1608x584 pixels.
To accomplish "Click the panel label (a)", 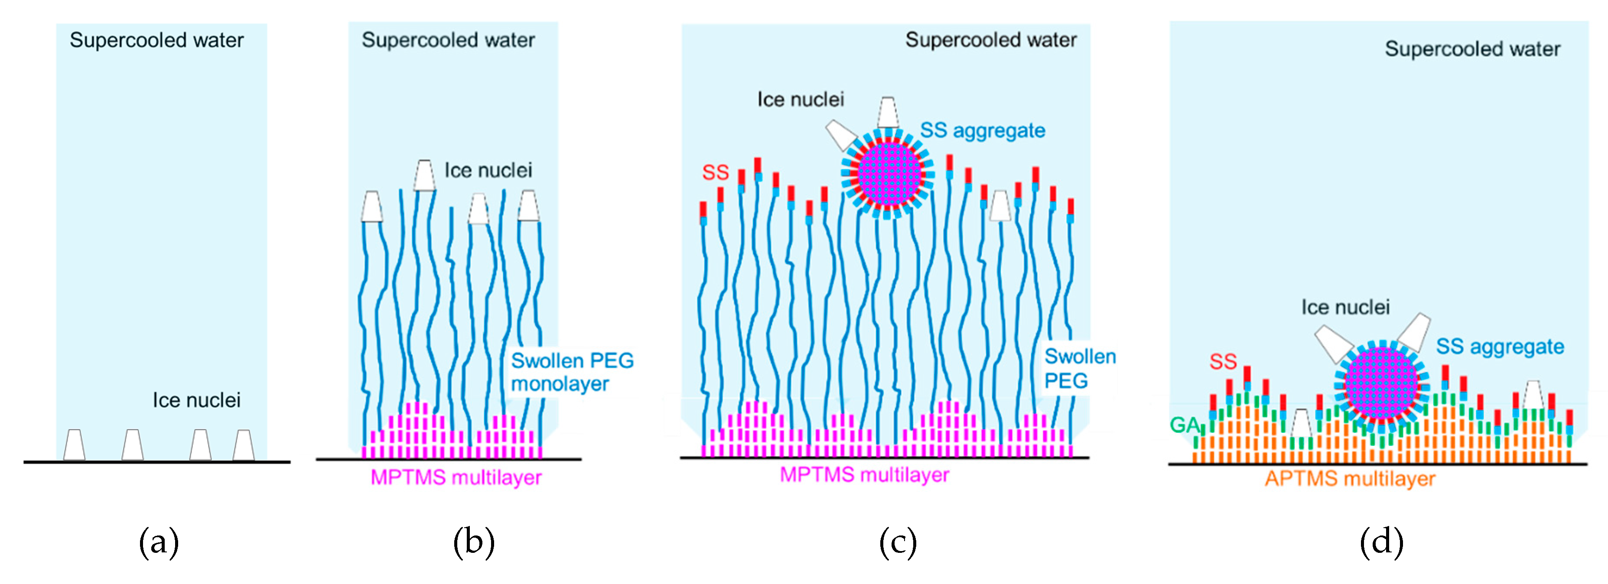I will [x=159, y=542].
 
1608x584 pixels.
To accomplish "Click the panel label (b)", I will [x=474, y=542].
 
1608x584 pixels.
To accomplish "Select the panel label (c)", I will [x=898, y=542].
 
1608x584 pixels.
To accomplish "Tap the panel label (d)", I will [x=1381, y=542].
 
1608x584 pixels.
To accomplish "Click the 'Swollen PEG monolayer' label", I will [x=571, y=372].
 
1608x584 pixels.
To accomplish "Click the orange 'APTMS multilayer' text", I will [x=1350, y=479].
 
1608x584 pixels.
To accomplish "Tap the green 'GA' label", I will [x=1184, y=425].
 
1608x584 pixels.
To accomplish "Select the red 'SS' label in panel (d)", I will [x=1222, y=361].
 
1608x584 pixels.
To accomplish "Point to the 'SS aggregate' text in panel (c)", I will [x=982, y=130].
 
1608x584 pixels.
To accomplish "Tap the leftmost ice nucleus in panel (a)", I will [x=74, y=445].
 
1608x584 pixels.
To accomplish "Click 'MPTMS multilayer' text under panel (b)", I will [x=456, y=477].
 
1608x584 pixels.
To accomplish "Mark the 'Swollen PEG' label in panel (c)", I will [x=1080, y=368].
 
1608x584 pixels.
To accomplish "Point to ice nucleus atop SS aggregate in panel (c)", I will [x=887, y=112].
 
